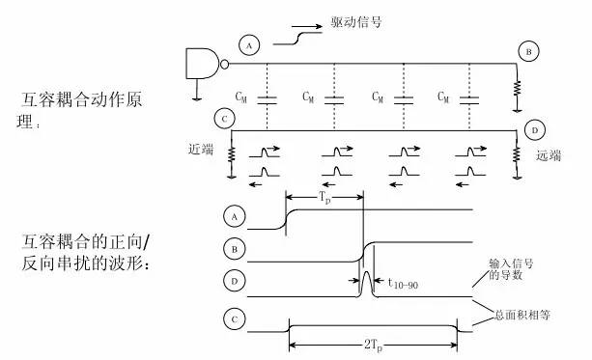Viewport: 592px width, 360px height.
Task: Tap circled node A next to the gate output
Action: (x=250, y=46)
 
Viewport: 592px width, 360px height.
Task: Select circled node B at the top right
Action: (x=527, y=51)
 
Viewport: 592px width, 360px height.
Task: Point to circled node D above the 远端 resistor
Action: (x=532, y=128)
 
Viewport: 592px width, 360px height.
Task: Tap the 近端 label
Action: (x=201, y=151)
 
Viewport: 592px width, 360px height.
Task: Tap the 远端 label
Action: (x=549, y=153)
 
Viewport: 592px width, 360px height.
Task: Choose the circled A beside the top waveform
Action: (x=230, y=215)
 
